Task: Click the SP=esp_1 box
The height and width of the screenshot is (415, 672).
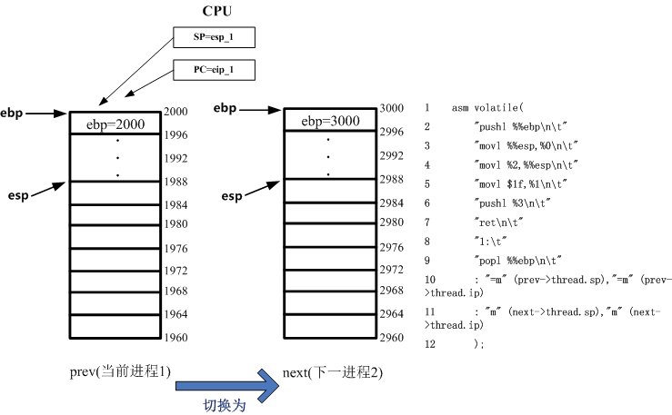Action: click(x=215, y=38)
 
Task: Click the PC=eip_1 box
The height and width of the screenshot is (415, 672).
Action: click(x=215, y=69)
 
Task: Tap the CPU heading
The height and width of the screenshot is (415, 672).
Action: click(x=216, y=11)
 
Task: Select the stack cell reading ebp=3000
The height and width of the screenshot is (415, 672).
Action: click(x=330, y=121)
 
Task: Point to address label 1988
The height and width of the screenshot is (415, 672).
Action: click(x=176, y=182)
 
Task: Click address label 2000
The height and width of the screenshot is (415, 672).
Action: click(x=176, y=112)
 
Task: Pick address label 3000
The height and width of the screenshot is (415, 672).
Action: click(x=392, y=108)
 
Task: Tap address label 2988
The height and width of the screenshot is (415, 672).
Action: click(x=392, y=179)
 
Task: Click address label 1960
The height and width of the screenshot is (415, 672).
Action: click(x=176, y=338)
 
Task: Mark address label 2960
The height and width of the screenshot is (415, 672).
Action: click(x=392, y=338)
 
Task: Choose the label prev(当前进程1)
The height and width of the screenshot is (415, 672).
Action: click(x=120, y=372)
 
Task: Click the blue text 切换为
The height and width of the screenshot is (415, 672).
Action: click(x=224, y=406)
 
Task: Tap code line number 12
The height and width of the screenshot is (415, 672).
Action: click(x=430, y=344)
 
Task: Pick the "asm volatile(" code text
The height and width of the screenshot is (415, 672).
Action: click(x=486, y=108)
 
